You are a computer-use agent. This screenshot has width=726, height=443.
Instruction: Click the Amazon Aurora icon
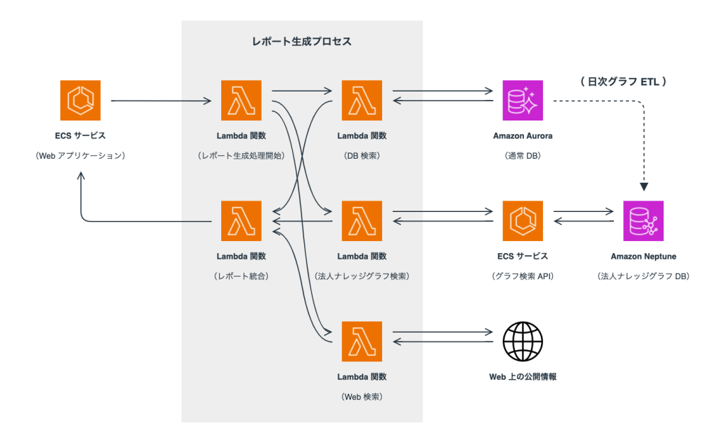(x=523, y=101)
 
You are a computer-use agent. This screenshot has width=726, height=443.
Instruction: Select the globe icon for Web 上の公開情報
(x=523, y=342)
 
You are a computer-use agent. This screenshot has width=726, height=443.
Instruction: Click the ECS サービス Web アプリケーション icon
(x=80, y=101)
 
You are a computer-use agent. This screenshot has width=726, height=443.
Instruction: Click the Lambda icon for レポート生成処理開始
(x=242, y=101)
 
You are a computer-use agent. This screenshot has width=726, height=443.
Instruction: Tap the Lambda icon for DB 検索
(x=362, y=101)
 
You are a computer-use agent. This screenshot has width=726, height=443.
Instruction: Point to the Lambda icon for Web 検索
(x=362, y=342)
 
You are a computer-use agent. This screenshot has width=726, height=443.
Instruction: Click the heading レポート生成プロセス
(x=302, y=42)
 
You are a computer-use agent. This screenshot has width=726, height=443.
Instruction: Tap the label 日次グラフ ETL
(x=623, y=82)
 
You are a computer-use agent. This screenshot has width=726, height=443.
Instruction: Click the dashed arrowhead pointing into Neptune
(x=644, y=187)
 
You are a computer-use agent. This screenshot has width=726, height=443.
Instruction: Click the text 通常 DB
(x=523, y=155)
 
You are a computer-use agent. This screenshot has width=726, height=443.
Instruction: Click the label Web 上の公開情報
(x=523, y=376)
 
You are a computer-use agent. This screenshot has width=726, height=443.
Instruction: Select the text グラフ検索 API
(x=523, y=275)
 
